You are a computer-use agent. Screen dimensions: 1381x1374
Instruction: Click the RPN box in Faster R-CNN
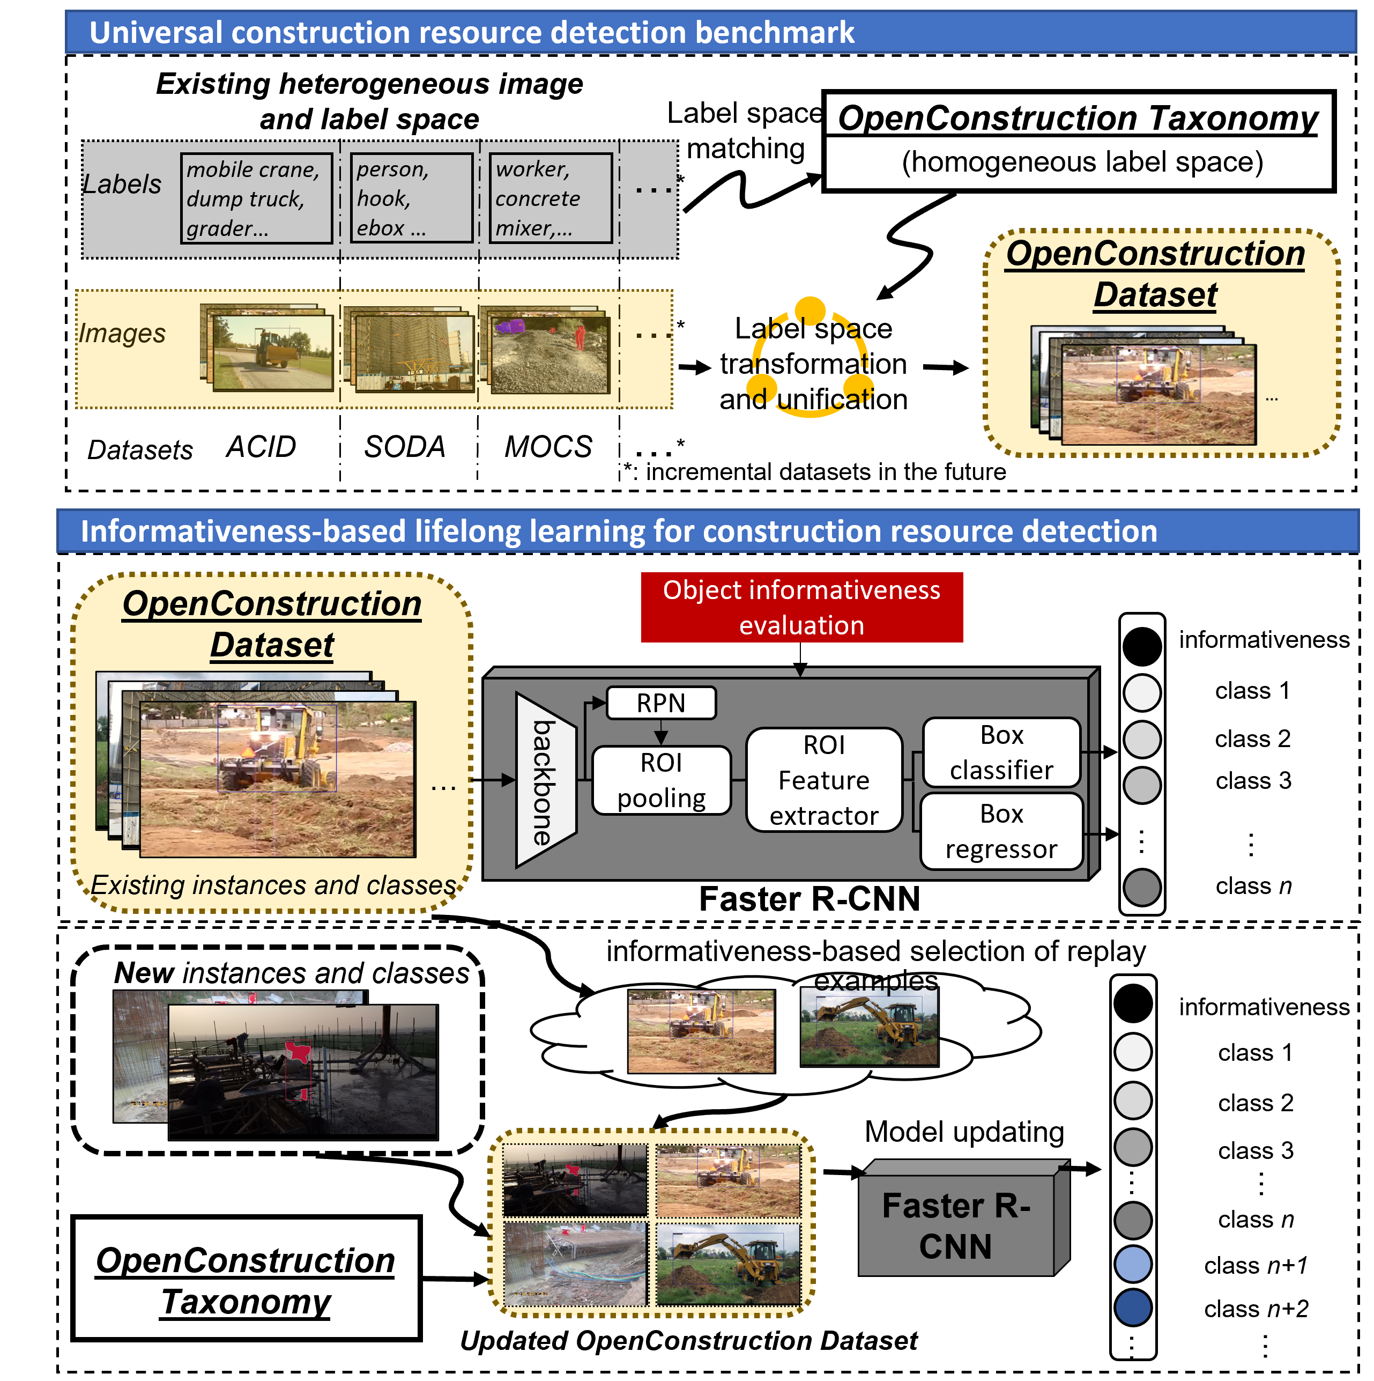660,703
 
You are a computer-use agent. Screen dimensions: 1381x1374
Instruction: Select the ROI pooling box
661,780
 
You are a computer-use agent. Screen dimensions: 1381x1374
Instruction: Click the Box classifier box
1000,752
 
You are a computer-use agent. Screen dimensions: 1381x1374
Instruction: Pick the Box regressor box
1000,831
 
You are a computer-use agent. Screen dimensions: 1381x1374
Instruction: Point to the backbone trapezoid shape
545,780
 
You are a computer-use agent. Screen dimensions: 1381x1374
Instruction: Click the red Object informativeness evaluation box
801,607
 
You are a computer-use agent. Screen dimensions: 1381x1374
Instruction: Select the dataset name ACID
261,447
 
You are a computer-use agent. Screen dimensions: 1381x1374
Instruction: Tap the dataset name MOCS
548,447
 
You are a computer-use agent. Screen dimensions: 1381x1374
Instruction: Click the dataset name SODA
404,447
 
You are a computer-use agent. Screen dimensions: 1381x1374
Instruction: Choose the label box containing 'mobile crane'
256,198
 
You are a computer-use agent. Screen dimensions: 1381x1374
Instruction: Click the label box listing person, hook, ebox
411,198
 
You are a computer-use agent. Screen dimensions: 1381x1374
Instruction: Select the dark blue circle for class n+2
1133,1308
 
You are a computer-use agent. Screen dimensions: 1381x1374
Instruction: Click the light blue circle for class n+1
1133,1263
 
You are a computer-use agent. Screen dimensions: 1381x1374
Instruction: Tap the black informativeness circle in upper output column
1141,646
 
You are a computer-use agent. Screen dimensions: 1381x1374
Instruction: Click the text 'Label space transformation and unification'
813,364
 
